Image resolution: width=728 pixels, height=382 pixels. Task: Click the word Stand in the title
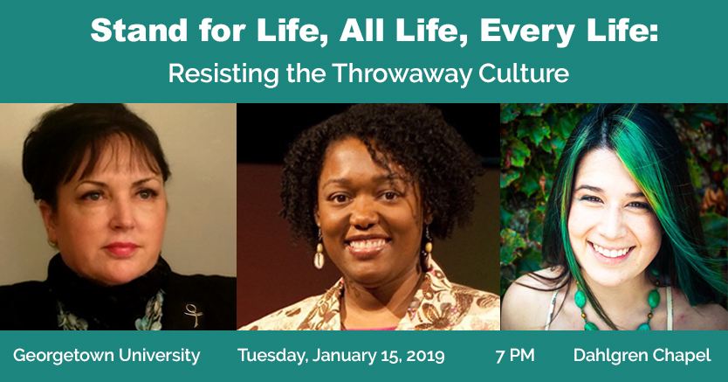pyautogui.click(x=140, y=31)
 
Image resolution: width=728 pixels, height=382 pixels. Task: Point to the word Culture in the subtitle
pyautogui.click(x=524, y=73)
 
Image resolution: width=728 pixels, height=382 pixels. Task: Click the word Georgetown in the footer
pyautogui.click(x=63, y=356)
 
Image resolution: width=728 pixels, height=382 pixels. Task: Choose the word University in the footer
pyautogui.click(x=159, y=356)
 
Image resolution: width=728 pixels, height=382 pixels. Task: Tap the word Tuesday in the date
pyautogui.click(x=272, y=356)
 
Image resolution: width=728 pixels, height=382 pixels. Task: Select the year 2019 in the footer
pyautogui.click(x=425, y=356)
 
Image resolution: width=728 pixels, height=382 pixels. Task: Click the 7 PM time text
pyautogui.click(x=515, y=356)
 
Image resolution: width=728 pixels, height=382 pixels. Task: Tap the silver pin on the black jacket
pyautogui.click(x=193, y=314)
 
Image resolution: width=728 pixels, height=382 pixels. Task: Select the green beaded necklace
pyautogui.click(x=617, y=304)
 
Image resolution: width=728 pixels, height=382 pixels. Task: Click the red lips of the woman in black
pyautogui.click(x=121, y=249)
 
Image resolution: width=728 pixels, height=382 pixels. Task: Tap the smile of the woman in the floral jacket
pyautogui.click(x=368, y=245)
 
